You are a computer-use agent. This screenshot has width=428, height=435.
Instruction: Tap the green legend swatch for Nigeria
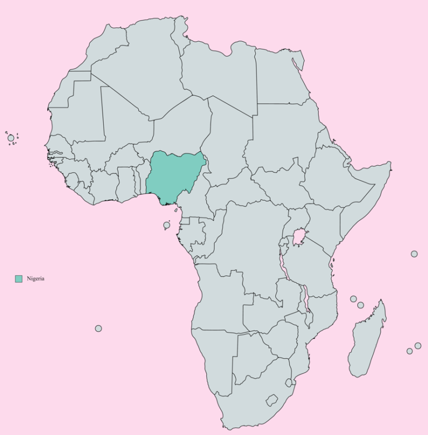18,279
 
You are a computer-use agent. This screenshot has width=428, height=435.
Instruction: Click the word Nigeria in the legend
35,279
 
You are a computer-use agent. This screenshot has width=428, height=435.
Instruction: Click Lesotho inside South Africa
272,401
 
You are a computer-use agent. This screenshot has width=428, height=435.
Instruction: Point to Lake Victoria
299,238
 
